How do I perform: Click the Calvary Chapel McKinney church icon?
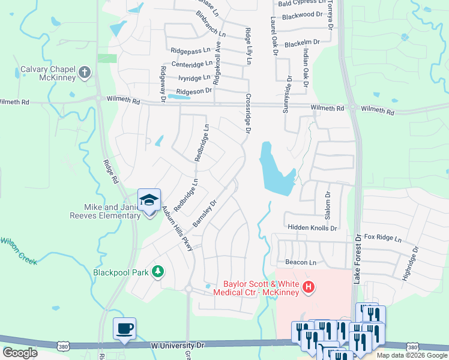[85, 73]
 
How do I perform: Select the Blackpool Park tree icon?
[158, 272]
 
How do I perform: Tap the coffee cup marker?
[125, 329]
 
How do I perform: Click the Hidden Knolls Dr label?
[312, 228]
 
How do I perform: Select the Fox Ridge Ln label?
[382, 238]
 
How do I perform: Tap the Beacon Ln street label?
[300, 263]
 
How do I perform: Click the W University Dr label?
[177, 346]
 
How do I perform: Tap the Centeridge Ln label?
[191, 64]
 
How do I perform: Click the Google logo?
[20, 353]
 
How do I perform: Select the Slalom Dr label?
[328, 205]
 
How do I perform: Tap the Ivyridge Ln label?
[194, 77]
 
